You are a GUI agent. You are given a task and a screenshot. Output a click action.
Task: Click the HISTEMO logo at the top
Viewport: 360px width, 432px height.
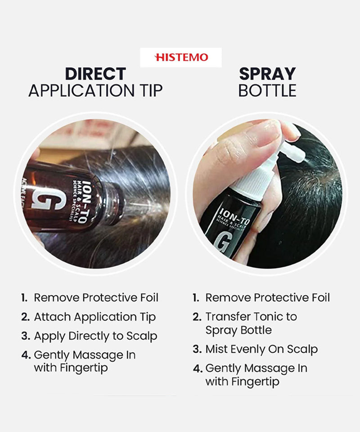tap(181, 57)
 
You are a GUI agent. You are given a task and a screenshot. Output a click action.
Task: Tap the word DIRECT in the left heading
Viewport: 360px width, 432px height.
tap(95, 74)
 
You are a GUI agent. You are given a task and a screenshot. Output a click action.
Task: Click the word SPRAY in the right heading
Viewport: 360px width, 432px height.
tap(267, 74)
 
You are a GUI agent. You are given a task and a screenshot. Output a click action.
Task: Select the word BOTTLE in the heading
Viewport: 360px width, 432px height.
tap(267, 90)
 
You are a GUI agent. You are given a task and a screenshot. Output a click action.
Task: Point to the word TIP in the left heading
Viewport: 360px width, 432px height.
tap(151, 90)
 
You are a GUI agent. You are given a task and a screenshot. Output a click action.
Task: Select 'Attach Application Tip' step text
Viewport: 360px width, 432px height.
tap(94, 317)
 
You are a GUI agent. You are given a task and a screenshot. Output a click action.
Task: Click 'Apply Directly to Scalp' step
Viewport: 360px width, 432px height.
tap(95, 336)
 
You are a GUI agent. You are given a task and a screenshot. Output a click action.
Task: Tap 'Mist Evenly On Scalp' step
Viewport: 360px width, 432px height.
tap(261, 349)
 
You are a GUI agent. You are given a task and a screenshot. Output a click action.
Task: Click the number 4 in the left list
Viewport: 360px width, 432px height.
tap(26, 355)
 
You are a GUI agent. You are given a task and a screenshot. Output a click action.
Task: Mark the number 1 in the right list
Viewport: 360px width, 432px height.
tap(196, 298)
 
